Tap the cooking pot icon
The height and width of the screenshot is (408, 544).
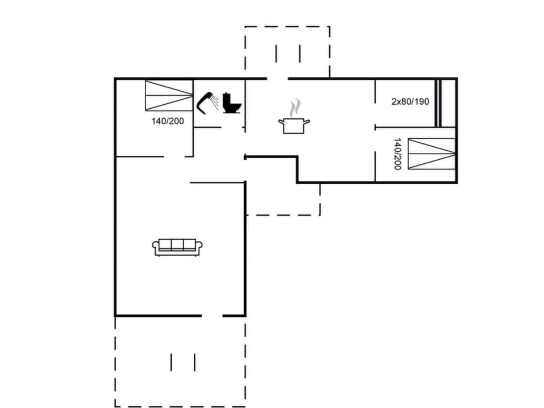coord(294,125)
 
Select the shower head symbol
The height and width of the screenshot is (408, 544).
coord(205,101)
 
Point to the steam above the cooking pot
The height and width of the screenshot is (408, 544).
coord(295,107)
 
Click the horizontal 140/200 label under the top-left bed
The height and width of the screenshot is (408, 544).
coord(167,121)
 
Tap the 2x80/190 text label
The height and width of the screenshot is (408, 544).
coord(410,102)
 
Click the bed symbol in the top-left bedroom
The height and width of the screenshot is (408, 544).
coord(169,95)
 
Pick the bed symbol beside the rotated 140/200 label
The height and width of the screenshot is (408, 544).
coord(432,154)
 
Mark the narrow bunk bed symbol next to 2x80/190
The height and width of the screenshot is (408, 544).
coord(437,103)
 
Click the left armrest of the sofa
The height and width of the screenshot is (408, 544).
coord(155,246)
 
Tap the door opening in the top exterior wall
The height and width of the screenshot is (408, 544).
coord(278,78)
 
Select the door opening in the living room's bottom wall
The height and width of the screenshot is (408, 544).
coord(212,316)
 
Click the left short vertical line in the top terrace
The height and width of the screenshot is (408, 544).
coord(276,53)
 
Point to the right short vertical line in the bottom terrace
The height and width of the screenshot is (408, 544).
coord(195,362)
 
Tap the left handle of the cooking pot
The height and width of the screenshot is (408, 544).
coord(280,121)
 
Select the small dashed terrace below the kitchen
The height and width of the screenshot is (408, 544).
coord(283,199)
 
